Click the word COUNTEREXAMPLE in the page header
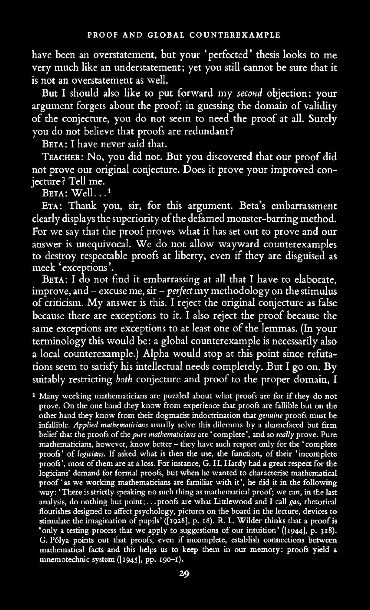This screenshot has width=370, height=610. tap(235, 35)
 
